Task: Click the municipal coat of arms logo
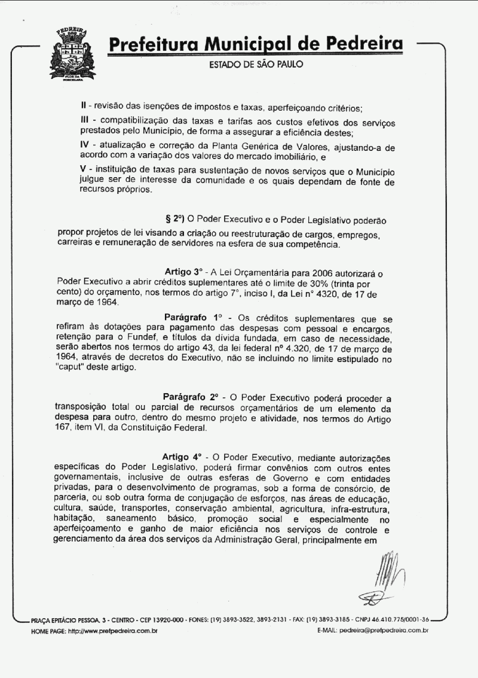[x=72, y=54]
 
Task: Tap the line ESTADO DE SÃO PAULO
[x=256, y=64]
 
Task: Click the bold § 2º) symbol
[x=176, y=220]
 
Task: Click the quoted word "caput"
[x=72, y=367]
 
